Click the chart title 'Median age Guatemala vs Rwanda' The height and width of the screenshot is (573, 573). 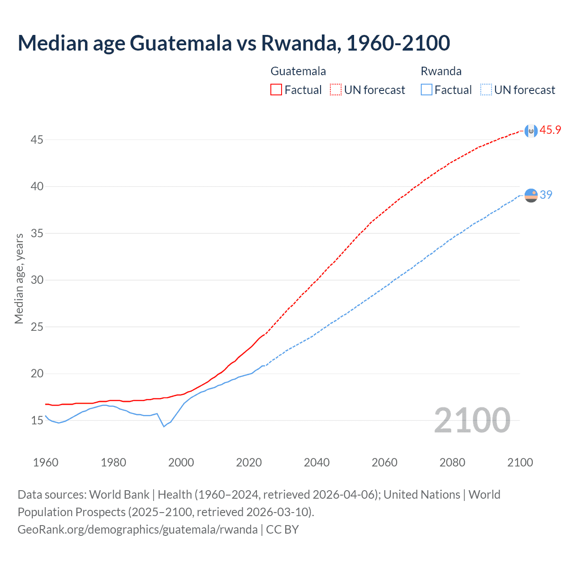pyautogui.click(x=234, y=43)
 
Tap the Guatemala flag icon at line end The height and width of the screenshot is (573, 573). pyautogui.click(x=531, y=131)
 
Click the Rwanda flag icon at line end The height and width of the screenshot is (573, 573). pyautogui.click(x=531, y=195)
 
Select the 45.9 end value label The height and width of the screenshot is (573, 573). pyautogui.click(x=550, y=130)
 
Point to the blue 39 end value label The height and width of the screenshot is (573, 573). pyautogui.click(x=546, y=195)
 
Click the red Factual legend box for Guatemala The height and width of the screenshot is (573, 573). pyautogui.click(x=276, y=90)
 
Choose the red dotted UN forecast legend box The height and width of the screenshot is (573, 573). pyautogui.click(x=336, y=90)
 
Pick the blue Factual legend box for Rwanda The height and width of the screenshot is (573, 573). pyautogui.click(x=427, y=90)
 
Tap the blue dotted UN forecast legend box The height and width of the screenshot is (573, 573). pyautogui.click(x=486, y=90)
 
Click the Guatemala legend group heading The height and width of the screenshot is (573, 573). pyautogui.click(x=298, y=71)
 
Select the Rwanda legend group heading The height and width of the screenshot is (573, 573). pyautogui.click(x=441, y=71)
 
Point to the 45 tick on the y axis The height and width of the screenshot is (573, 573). pyautogui.click(x=37, y=140)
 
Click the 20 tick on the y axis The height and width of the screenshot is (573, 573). pyautogui.click(x=37, y=374)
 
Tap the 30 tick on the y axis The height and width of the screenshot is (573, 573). pyautogui.click(x=37, y=280)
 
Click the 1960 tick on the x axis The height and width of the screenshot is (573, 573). pyautogui.click(x=46, y=462)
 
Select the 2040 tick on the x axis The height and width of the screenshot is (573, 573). pyautogui.click(x=316, y=462)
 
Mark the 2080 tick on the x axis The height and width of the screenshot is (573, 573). pyautogui.click(x=452, y=462)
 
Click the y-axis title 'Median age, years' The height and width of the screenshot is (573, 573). pyautogui.click(x=19, y=278)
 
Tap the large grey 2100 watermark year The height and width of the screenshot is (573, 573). pyautogui.click(x=472, y=420)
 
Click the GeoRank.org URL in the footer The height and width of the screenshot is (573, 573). pyautogui.click(x=137, y=530)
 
